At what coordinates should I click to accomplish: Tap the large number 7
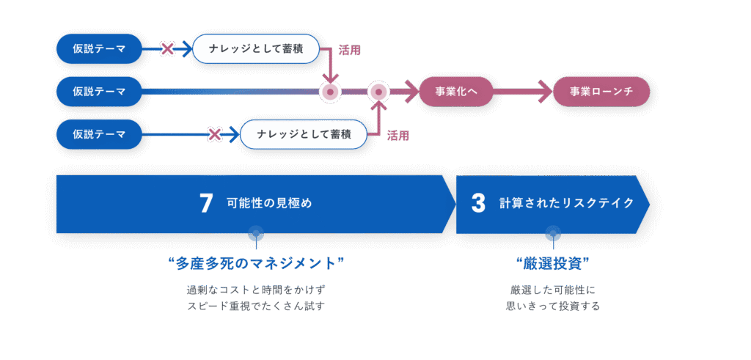[205, 204]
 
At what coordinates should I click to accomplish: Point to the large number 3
[478, 204]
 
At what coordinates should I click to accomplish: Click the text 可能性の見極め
[269, 204]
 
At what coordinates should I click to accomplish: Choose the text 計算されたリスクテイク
[567, 204]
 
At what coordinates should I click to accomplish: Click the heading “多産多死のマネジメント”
[257, 264]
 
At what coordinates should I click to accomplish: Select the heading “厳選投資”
[553, 264]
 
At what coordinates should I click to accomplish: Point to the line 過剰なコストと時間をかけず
[257, 290]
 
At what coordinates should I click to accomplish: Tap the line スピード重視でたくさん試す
[257, 306]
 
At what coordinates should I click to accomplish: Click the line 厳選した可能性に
[553, 290]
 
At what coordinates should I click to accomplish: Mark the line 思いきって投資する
[553, 306]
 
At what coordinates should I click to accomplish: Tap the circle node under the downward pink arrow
[330, 92]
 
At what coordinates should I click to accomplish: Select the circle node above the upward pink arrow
[378, 92]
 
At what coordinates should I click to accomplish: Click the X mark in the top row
[167, 49]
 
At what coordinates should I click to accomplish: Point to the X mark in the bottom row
[215, 134]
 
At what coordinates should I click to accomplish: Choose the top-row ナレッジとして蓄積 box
[256, 49]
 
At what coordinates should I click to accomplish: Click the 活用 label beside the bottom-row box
[398, 136]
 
